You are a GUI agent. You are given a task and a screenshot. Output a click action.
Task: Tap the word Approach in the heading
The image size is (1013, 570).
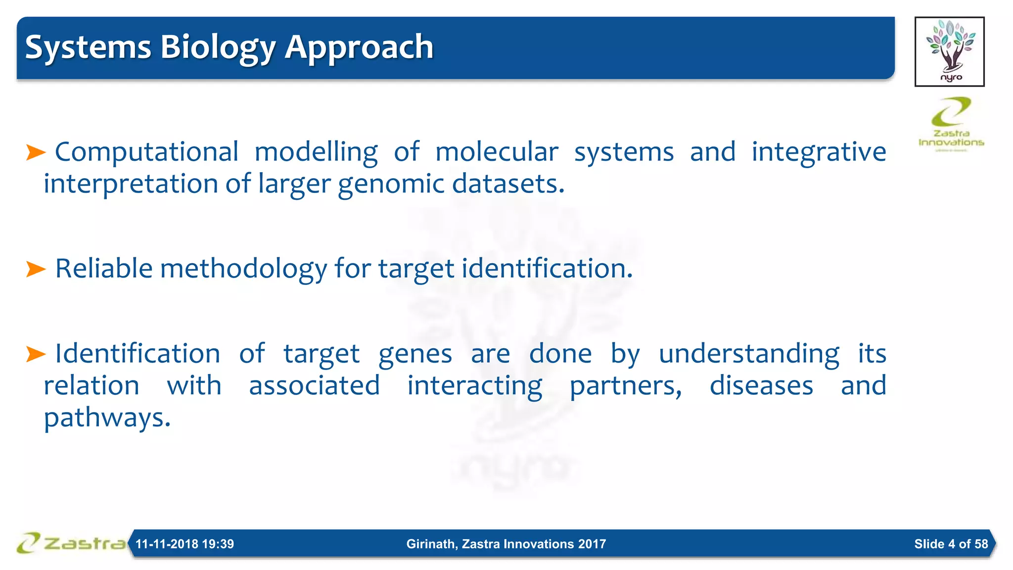click(359, 47)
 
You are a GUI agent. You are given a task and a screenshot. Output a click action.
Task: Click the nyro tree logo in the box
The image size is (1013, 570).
click(949, 51)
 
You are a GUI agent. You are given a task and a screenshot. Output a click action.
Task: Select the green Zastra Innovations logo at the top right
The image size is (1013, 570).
click(951, 123)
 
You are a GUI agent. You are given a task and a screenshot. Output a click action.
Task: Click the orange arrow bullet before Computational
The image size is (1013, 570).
click(36, 152)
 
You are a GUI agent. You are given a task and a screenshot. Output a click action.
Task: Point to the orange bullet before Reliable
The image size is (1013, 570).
click(36, 269)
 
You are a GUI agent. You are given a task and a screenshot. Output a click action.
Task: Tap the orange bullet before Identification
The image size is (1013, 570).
click(36, 354)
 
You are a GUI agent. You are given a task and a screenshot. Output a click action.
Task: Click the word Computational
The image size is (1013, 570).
click(146, 152)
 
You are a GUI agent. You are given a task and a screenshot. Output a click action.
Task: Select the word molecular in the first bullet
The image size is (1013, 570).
click(497, 152)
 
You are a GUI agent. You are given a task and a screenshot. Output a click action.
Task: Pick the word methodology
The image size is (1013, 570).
click(243, 269)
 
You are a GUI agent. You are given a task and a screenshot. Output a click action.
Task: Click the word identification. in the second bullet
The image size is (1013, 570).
click(547, 269)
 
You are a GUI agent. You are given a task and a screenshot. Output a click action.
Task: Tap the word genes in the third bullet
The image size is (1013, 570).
click(415, 354)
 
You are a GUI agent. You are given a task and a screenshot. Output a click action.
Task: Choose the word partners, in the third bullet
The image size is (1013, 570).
click(626, 386)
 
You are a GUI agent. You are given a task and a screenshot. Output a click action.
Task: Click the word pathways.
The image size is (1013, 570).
click(107, 418)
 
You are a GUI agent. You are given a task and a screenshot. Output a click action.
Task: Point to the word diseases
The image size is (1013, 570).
click(761, 386)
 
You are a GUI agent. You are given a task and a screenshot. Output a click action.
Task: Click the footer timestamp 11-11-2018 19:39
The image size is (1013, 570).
click(184, 544)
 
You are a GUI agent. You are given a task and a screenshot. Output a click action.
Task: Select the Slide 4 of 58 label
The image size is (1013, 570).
click(951, 544)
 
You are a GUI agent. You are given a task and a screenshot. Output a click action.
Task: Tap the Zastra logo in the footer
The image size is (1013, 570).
click(71, 543)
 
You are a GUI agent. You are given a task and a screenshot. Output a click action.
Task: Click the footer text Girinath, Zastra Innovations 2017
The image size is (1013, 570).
click(506, 544)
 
